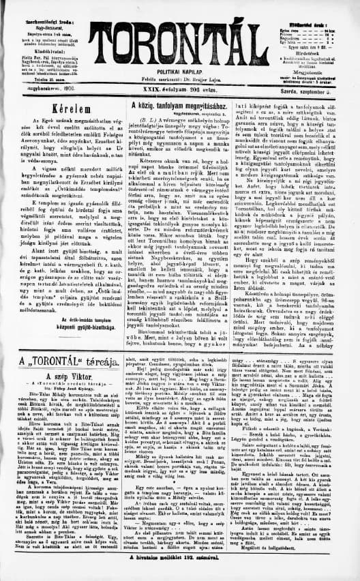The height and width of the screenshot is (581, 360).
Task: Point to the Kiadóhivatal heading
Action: point(35,31)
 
